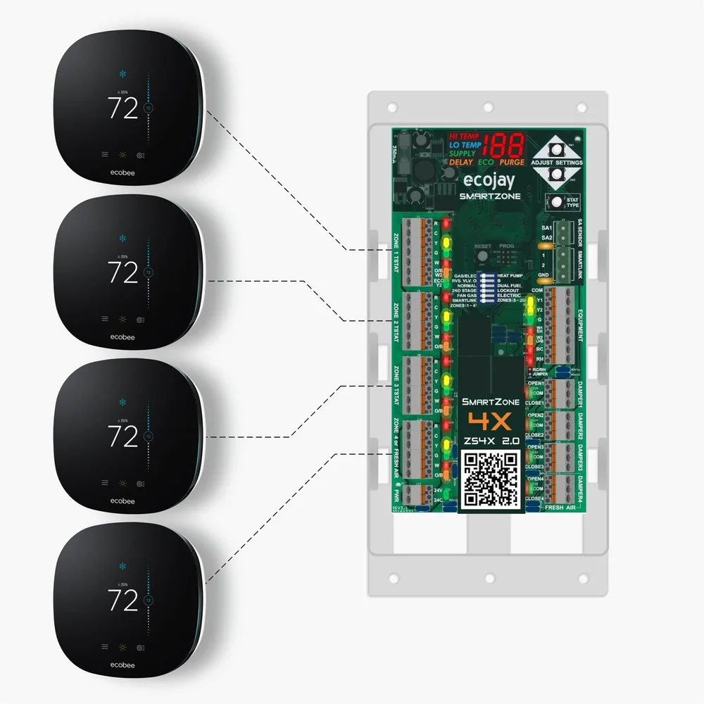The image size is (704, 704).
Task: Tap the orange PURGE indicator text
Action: click(512, 163)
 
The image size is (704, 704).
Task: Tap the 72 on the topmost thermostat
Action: click(122, 108)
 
